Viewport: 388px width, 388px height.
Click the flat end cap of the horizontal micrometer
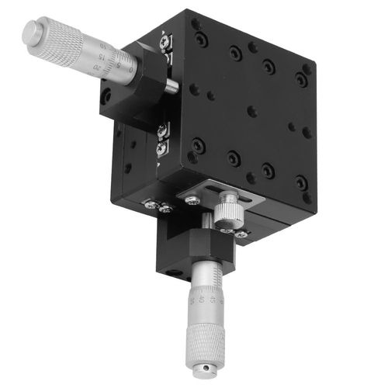pyautogui.click(x=32, y=32)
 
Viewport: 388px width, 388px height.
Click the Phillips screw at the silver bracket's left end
pyautogui.click(x=192, y=200)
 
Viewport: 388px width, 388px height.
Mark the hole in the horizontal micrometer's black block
pyautogui.click(x=107, y=96)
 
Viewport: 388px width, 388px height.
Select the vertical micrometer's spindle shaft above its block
pyautogui.click(x=205, y=226)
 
